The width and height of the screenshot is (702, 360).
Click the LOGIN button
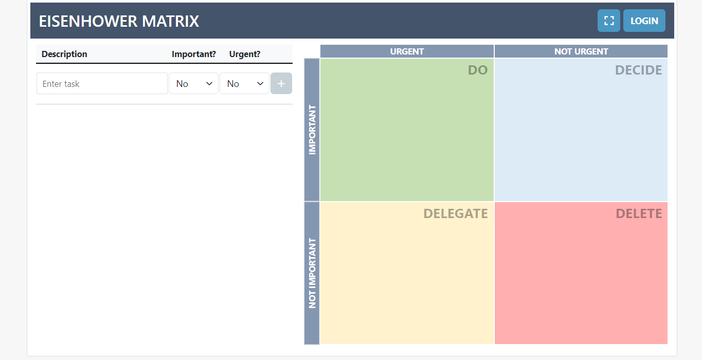click(644, 21)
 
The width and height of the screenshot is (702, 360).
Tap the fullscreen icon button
click(609, 21)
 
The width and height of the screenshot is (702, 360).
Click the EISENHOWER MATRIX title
click(119, 21)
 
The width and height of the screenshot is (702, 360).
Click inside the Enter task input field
click(102, 84)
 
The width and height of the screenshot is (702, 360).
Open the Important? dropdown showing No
click(193, 84)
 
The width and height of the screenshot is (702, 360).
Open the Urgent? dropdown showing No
click(244, 84)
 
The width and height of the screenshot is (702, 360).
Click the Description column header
click(64, 54)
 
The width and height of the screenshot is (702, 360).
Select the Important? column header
click(194, 54)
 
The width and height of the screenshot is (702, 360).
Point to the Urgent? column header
click(245, 54)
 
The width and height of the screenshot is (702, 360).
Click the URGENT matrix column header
click(407, 51)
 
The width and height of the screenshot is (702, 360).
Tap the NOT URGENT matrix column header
click(581, 51)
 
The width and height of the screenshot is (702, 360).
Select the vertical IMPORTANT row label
click(312, 130)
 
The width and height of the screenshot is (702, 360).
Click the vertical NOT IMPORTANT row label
click(312, 273)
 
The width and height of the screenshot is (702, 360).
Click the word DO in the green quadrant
click(477, 70)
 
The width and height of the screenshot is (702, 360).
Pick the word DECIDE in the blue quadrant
click(638, 70)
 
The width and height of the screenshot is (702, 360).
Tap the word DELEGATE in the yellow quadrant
click(455, 214)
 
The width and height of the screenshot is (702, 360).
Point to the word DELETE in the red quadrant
click(639, 214)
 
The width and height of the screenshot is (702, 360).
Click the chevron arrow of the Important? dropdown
click(209, 84)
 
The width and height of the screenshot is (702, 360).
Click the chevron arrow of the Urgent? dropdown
click(260, 84)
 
